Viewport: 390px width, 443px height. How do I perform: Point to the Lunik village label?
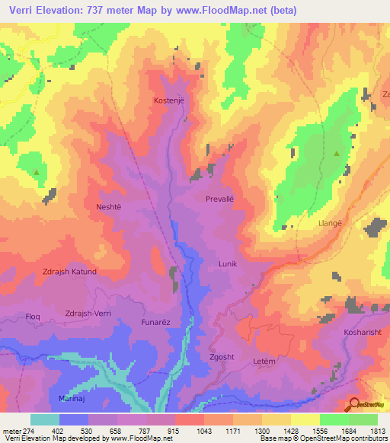(229, 263)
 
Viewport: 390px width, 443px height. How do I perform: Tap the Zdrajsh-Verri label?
(94, 314)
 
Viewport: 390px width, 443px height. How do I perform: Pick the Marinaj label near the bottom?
(75, 398)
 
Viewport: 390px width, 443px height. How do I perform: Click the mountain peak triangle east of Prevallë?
(336, 153)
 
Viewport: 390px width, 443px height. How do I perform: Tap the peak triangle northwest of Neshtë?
(37, 173)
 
